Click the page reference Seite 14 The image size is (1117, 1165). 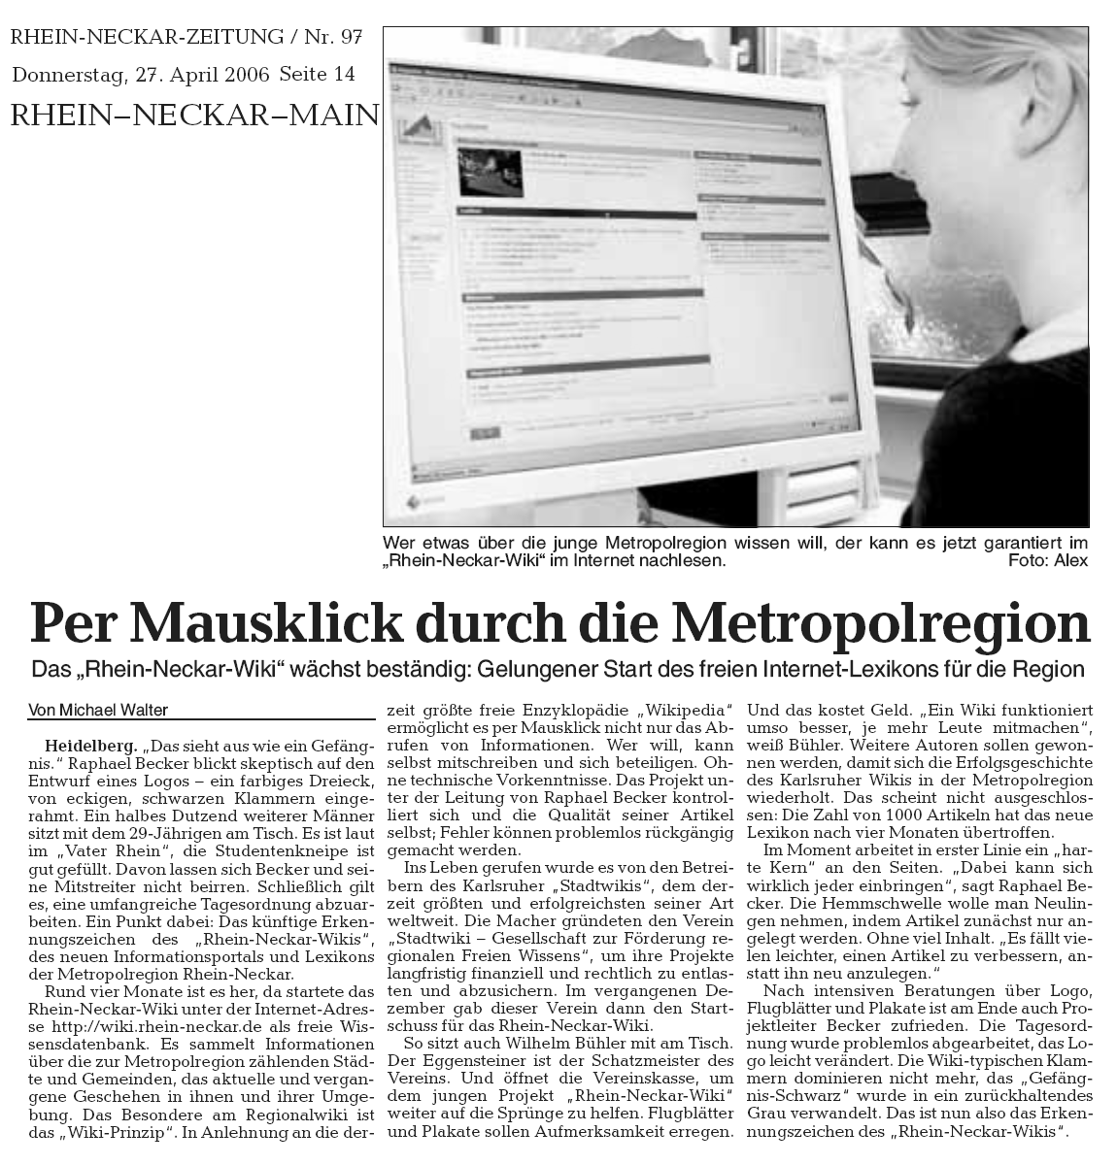(x=317, y=74)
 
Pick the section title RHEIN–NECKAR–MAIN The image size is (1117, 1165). (x=193, y=115)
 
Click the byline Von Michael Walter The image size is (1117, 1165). (x=98, y=710)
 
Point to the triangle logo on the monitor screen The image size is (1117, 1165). (x=418, y=129)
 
